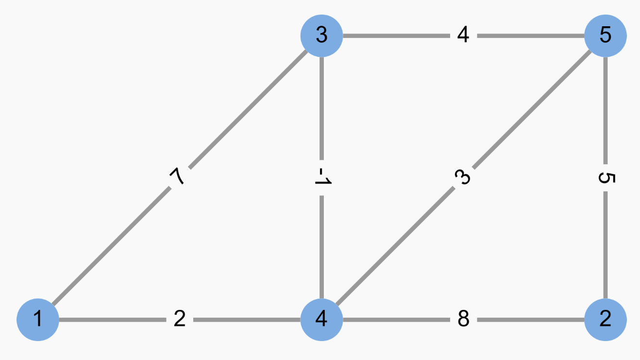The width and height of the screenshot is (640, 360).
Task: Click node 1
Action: coord(38,320)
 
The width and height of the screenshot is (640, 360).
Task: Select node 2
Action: coord(606,320)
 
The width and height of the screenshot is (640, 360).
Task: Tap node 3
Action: coord(321,35)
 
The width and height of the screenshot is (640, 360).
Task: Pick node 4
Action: coord(321,320)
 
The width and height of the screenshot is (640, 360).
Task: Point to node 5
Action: coord(606,35)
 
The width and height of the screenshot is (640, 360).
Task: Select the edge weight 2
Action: coord(179,320)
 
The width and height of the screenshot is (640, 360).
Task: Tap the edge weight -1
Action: coord(321,178)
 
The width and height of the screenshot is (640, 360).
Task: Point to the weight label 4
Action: coord(463,35)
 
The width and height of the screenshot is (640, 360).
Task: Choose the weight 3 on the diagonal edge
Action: coord(463,178)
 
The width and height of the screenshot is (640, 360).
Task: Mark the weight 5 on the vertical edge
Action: coord(606,178)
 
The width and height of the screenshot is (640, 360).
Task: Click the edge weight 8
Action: coord(463,320)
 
